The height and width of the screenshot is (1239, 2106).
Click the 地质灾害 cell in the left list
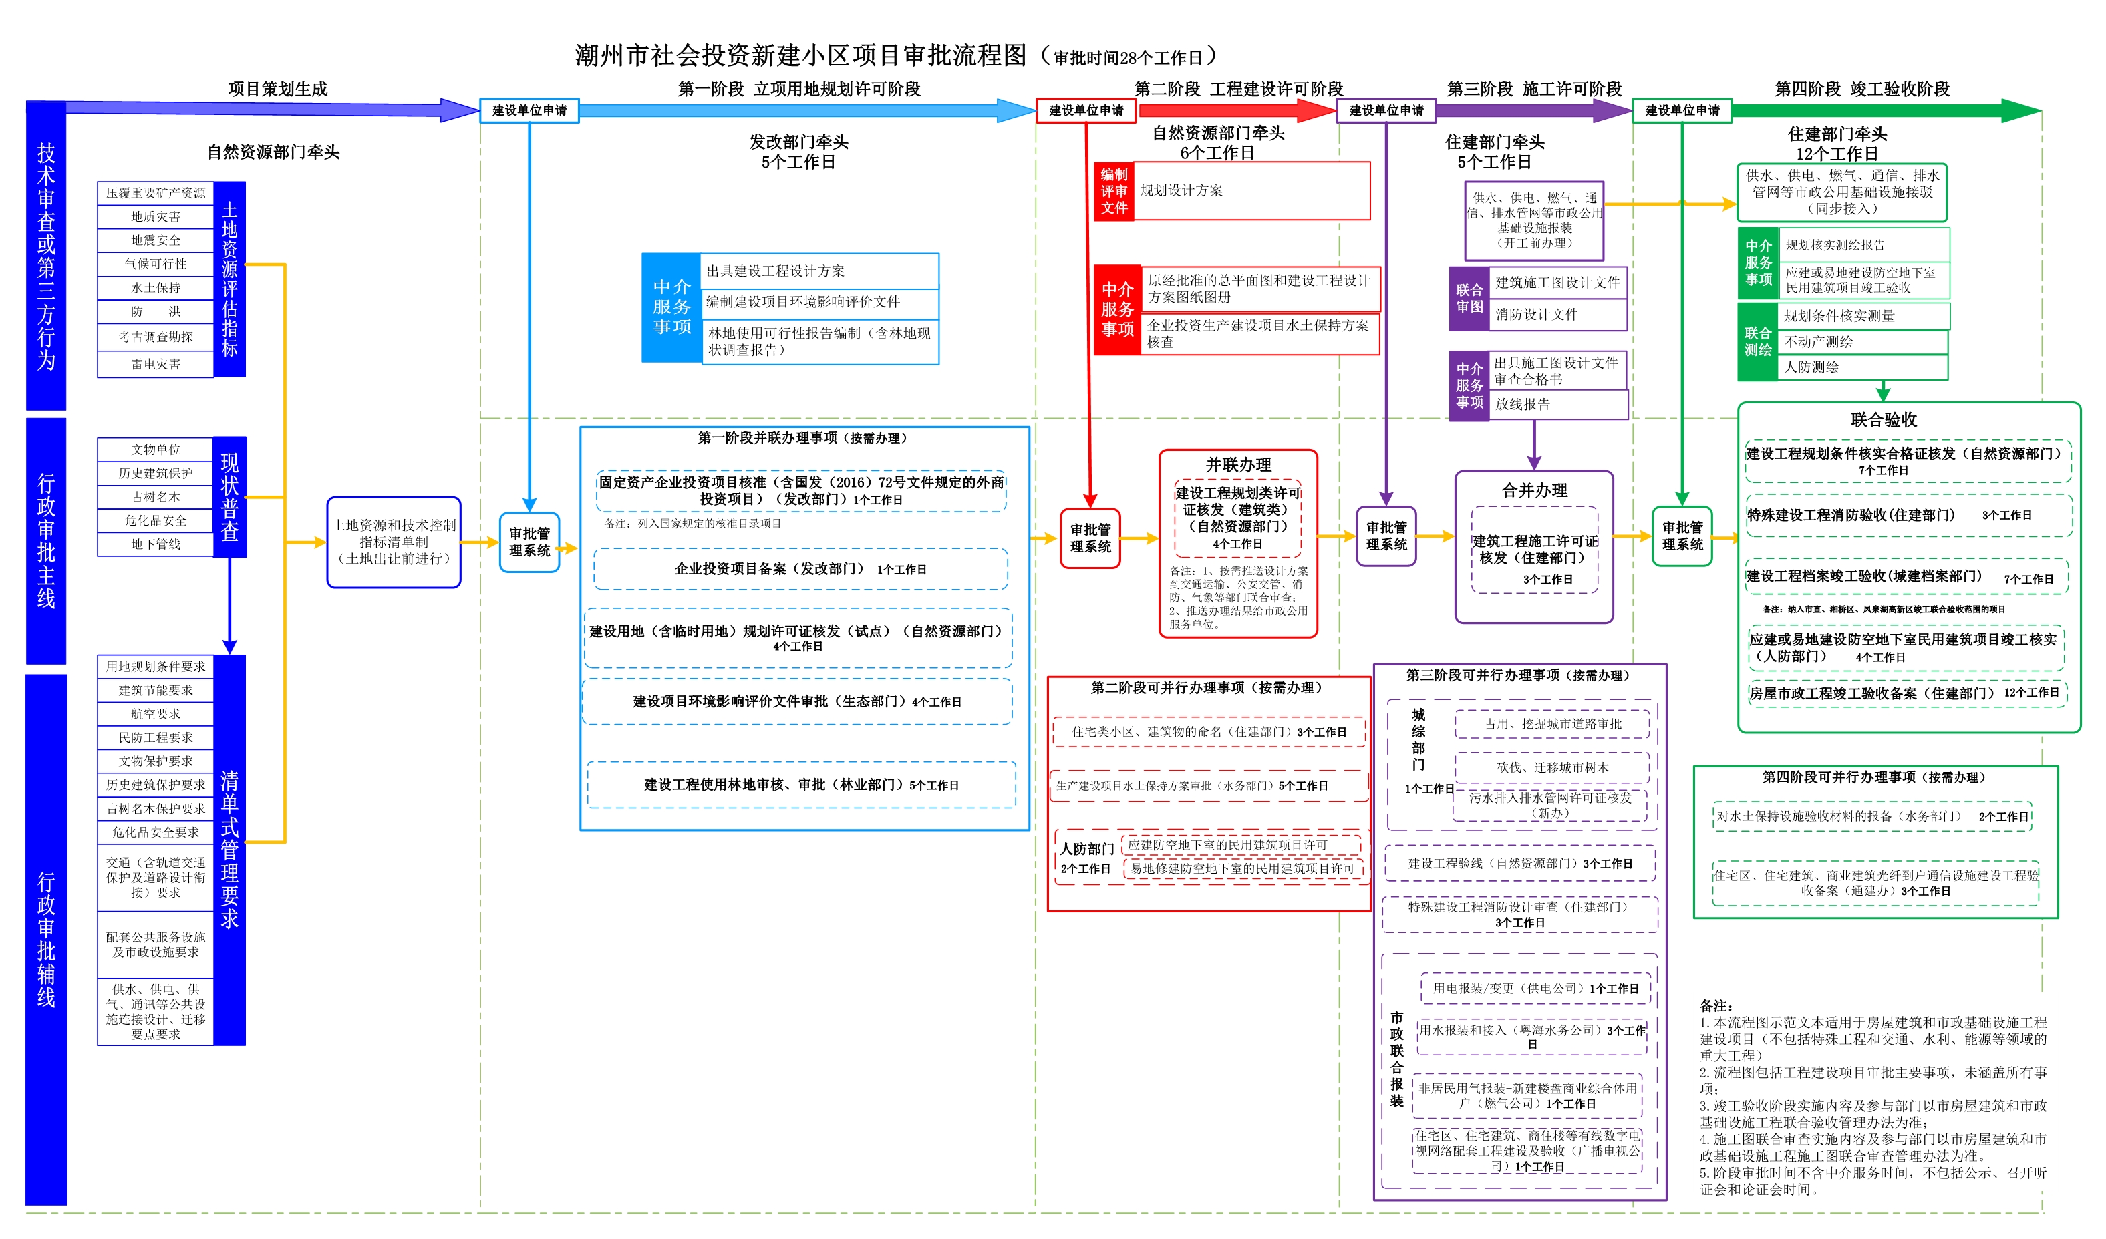(156, 217)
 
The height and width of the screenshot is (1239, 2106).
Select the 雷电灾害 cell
(156, 364)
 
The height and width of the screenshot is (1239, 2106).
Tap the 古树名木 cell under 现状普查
(156, 497)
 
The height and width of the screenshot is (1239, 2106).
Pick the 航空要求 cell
(156, 714)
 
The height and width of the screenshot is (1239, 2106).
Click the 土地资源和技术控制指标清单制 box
(394, 542)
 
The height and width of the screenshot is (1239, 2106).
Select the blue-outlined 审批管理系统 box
(530, 542)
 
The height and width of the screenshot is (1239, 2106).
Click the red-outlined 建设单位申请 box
(1086, 110)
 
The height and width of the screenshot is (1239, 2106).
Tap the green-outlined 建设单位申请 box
(1682, 110)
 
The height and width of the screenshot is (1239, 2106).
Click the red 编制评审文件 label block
(1114, 191)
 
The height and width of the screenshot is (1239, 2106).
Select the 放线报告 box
(1559, 404)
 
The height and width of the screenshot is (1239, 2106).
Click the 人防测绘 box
(1863, 367)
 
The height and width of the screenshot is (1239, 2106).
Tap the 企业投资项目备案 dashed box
(800, 570)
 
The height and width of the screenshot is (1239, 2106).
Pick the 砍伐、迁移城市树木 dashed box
(1552, 767)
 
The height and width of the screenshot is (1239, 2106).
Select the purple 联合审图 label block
(1469, 299)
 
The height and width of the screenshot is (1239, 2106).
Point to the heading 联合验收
(1884, 420)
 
